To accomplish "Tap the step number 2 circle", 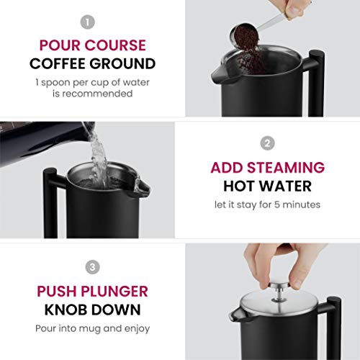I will (267, 143).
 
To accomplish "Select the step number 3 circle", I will (92, 267).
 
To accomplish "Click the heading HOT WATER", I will (267, 186).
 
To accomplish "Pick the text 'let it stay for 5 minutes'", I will (267, 204).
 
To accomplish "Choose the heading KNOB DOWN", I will (91, 310).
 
